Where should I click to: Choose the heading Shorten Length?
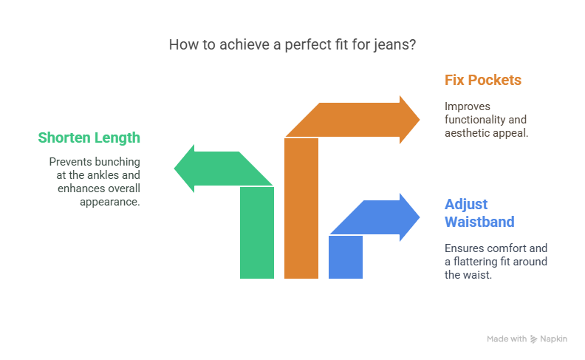(x=89, y=137)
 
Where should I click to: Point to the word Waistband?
(x=479, y=222)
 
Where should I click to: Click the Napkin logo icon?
(x=533, y=339)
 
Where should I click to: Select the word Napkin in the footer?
(x=554, y=339)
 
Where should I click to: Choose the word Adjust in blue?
(x=466, y=205)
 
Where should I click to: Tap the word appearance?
(x=109, y=202)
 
